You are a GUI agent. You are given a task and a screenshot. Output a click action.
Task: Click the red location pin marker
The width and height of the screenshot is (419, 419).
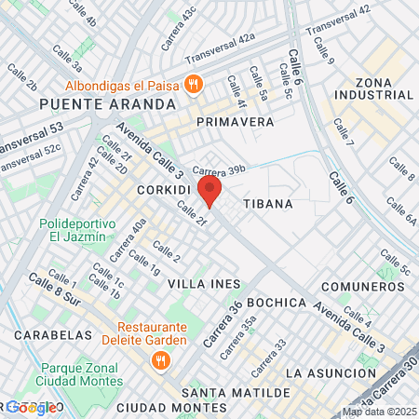[210, 192]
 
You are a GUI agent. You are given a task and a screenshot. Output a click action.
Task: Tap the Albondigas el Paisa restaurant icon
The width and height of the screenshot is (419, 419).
[194, 84]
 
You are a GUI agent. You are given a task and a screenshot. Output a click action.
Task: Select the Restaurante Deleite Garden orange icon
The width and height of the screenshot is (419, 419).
[160, 358]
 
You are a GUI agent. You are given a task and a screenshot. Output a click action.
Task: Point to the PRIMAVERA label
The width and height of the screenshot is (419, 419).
[235, 122]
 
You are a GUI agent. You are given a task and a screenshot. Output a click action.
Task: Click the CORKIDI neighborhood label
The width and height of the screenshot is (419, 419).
[164, 189]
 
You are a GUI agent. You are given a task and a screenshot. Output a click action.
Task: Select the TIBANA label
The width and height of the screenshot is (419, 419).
[268, 203]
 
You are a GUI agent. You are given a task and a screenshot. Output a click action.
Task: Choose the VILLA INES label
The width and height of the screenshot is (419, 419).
[204, 283]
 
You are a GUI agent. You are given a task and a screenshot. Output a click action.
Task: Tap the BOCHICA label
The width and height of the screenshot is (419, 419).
[278, 303]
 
